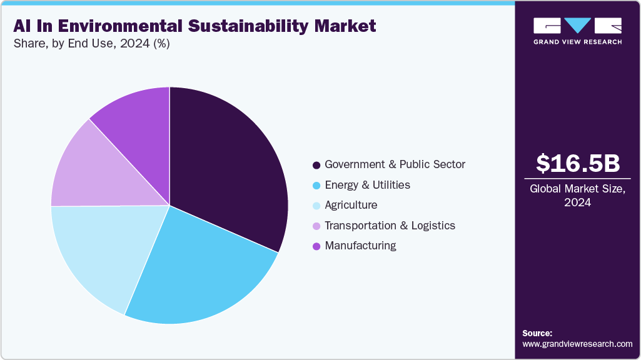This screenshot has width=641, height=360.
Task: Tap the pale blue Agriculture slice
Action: (103, 250)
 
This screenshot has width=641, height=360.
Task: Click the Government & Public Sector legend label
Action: (395, 165)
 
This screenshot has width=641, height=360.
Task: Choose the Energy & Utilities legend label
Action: (367, 185)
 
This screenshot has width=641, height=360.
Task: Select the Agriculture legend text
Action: (351, 205)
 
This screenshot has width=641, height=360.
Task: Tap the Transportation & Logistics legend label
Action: (390, 226)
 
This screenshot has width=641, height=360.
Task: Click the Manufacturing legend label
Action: (360, 246)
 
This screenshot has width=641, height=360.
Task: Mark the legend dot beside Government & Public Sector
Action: (316, 166)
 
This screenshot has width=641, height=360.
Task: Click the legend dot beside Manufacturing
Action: (316, 246)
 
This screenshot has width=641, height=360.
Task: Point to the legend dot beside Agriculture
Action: (316, 206)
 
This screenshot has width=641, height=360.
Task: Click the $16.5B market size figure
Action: (578, 163)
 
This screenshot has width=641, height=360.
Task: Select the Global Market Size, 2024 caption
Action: (578, 195)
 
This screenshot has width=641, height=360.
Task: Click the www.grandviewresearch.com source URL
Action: (577, 344)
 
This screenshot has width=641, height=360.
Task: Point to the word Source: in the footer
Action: (537, 333)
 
